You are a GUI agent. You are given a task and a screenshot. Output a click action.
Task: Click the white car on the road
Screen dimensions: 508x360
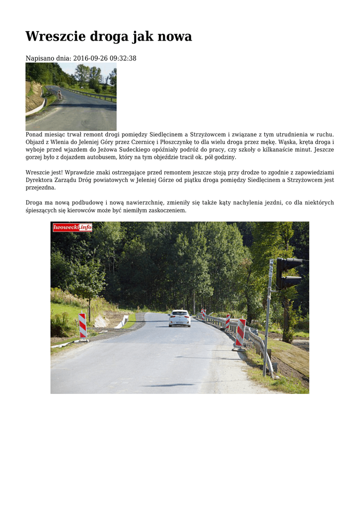[x=179, y=318]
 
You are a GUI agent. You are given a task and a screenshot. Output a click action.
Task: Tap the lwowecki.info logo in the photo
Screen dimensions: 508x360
[x=72, y=227]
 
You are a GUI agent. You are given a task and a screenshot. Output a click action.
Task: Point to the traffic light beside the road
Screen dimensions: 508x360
[x=288, y=273]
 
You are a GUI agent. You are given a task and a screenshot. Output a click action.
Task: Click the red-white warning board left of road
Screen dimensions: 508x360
[x=82, y=325]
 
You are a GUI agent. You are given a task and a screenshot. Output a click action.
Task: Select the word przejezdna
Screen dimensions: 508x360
[x=41, y=188]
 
